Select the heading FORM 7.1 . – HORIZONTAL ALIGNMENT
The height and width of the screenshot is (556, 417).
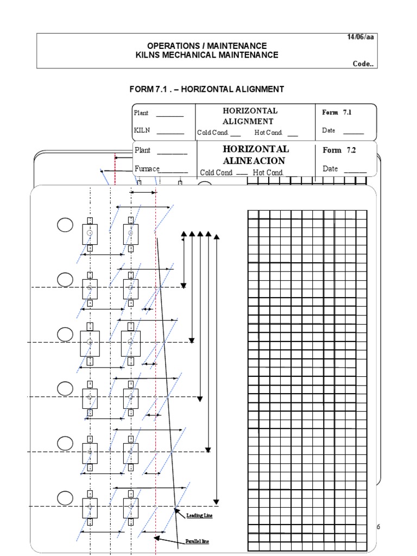click(x=206, y=89)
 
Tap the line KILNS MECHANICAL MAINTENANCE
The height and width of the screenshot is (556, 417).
click(x=206, y=55)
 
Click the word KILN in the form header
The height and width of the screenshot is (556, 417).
click(x=142, y=130)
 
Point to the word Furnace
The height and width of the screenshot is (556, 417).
click(x=147, y=169)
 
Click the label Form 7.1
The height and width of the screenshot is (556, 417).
click(x=337, y=112)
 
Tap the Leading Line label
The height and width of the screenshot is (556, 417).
click(x=199, y=515)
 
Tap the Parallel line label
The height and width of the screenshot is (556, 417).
click(x=198, y=541)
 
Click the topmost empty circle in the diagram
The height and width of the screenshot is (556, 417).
click(x=65, y=225)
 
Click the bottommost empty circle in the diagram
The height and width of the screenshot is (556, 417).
click(x=65, y=497)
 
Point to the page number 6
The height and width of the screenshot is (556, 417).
click(x=378, y=527)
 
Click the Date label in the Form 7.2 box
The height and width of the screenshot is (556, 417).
click(x=330, y=169)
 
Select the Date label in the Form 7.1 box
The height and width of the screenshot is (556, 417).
click(x=328, y=130)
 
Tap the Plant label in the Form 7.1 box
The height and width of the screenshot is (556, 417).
click(x=141, y=113)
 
